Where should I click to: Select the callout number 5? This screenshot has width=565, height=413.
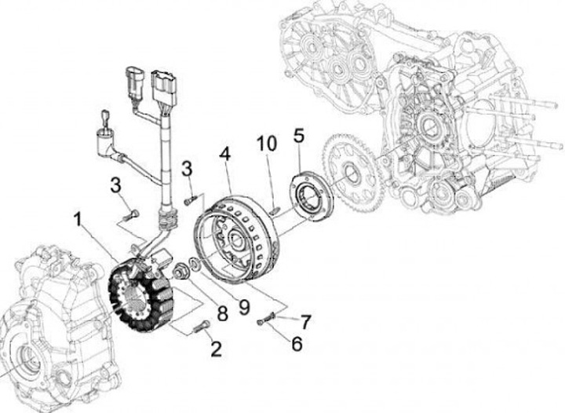coord(298,135)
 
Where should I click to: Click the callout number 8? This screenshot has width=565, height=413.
coord(222,313)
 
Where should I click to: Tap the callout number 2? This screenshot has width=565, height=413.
coord(215,349)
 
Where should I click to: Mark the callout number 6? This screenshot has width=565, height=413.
coord(296,342)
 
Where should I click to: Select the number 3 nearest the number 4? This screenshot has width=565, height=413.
coord(187,168)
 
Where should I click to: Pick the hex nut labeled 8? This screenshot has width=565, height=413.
coord(180,272)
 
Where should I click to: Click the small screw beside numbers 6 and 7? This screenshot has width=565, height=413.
coord(267,319)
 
